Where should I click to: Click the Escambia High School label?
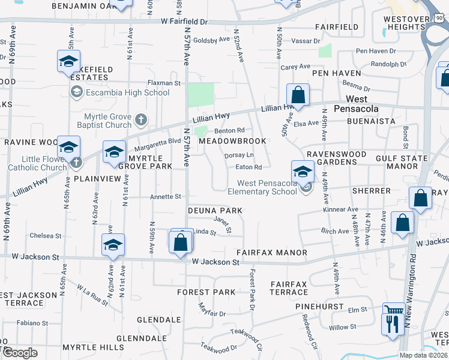click(127, 92)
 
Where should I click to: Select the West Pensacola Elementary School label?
click(263, 187)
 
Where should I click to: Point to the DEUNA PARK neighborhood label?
click(215, 211)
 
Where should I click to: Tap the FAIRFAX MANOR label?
click(271, 253)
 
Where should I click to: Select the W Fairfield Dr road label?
click(184, 22)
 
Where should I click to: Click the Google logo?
click(20, 353)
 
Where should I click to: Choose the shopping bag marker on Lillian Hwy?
click(298, 95)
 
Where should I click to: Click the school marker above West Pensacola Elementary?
click(303, 172)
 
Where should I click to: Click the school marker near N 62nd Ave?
click(113, 245)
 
